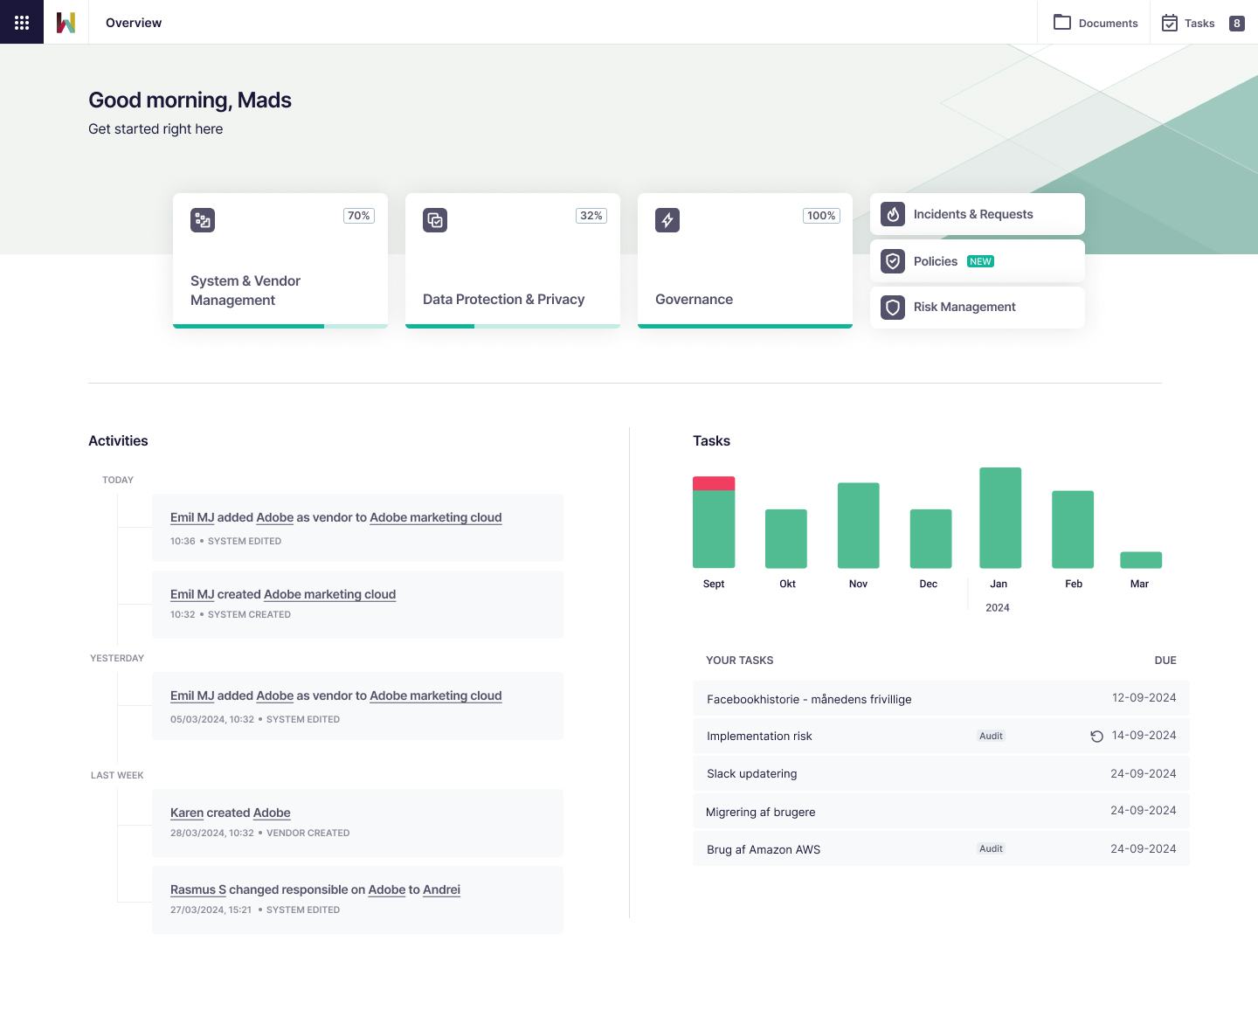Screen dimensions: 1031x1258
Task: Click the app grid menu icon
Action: pos(22,22)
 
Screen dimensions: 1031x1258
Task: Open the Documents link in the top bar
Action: pos(1096,23)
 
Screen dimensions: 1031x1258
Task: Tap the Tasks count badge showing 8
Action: pos(1236,23)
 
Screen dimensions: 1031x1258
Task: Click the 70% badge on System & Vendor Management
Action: pos(358,216)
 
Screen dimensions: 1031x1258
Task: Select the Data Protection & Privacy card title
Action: pos(503,299)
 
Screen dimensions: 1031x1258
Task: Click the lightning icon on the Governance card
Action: pos(667,220)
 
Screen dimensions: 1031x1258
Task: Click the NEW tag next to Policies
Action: pos(980,261)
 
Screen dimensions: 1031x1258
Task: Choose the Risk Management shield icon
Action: pos(893,308)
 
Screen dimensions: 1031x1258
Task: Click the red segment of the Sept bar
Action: pos(714,483)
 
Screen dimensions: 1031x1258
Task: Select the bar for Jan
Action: pos(1000,517)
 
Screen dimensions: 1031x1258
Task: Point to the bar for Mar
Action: pos(1140,560)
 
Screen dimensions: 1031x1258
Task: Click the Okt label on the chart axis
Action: pos(787,584)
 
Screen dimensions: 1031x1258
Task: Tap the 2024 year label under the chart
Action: pos(997,607)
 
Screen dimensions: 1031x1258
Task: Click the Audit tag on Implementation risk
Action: pos(991,736)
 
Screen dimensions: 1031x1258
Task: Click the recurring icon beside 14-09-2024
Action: pos(1096,737)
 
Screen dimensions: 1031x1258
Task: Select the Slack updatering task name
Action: pos(751,773)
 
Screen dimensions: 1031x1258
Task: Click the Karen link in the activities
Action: pos(187,813)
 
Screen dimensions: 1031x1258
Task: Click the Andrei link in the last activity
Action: pos(441,889)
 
